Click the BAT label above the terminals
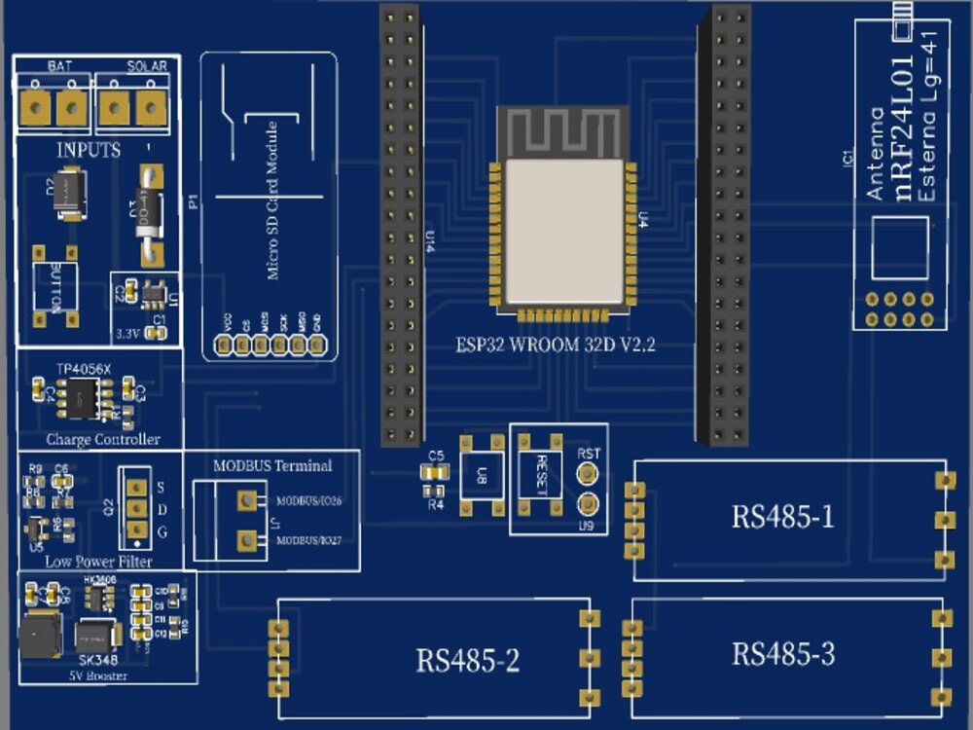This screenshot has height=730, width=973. [x=56, y=66]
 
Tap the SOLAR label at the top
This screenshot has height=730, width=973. [x=147, y=66]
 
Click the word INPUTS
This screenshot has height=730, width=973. [x=89, y=150]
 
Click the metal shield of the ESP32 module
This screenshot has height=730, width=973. [x=562, y=231]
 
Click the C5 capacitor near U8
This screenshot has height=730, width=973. [x=435, y=472]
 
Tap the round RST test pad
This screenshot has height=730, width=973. [x=587, y=474]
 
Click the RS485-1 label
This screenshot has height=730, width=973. [x=782, y=517]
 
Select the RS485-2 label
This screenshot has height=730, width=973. [x=467, y=662]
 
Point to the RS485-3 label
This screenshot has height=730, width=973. [x=782, y=654]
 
